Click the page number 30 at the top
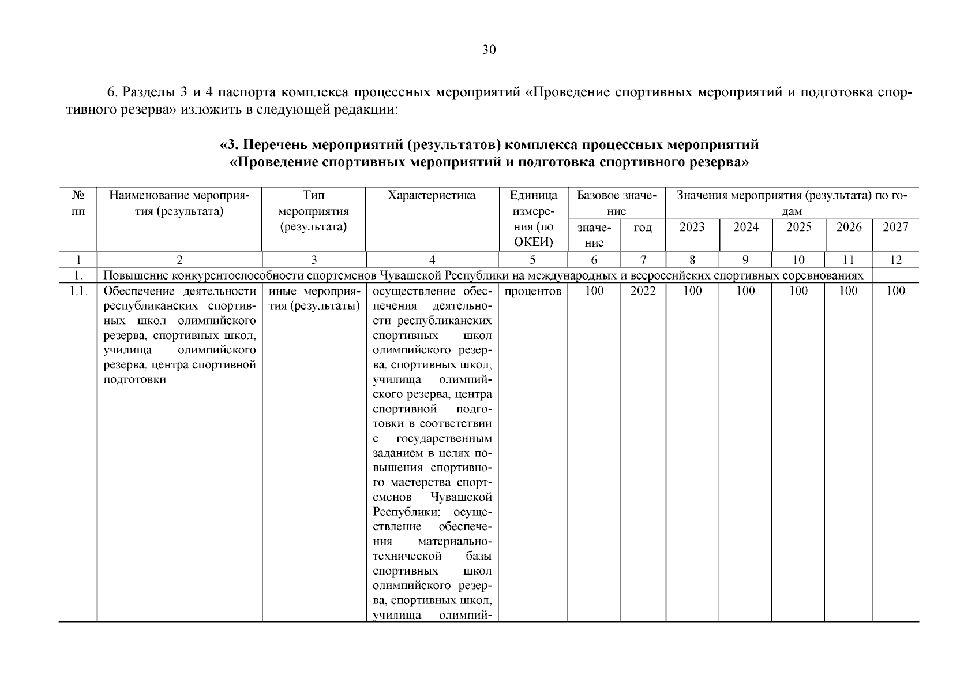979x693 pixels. pyautogui.click(x=489, y=50)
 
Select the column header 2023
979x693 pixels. pyautogui.click(x=692, y=227)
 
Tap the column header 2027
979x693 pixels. pyautogui.click(x=895, y=227)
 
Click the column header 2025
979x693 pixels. pyautogui.click(x=798, y=227)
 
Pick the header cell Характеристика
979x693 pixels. pyautogui.click(x=432, y=196)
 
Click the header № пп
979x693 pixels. pyautogui.click(x=78, y=203)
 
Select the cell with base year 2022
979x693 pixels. pyautogui.click(x=643, y=291)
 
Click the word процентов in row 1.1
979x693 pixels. pyautogui.click(x=532, y=291)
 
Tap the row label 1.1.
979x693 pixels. pyautogui.click(x=78, y=291)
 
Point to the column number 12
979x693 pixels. pyautogui.click(x=895, y=260)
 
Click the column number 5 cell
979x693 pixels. pyautogui.click(x=532, y=260)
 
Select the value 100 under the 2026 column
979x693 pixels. pyautogui.click(x=848, y=291)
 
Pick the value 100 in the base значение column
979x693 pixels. pyautogui.click(x=594, y=291)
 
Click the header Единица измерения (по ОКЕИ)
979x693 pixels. pyautogui.click(x=532, y=219)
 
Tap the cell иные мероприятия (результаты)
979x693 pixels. pyautogui.click(x=314, y=298)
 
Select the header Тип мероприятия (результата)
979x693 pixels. pyautogui.click(x=314, y=211)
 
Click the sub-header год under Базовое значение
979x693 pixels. pyautogui.click(x=643, y=228)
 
